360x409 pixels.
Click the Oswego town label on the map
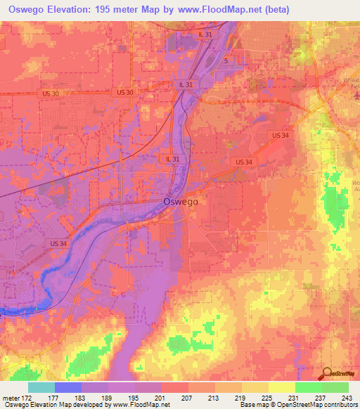[181, 201]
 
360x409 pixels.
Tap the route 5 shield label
[226, 61]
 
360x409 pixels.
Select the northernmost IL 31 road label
[205, 34]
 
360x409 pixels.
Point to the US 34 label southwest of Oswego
[59, 243]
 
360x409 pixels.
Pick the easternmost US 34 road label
[280, 135]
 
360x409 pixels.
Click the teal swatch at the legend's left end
[41, 387]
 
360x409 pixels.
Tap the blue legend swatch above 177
[68, 387]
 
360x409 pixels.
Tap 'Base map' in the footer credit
[255, 405]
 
